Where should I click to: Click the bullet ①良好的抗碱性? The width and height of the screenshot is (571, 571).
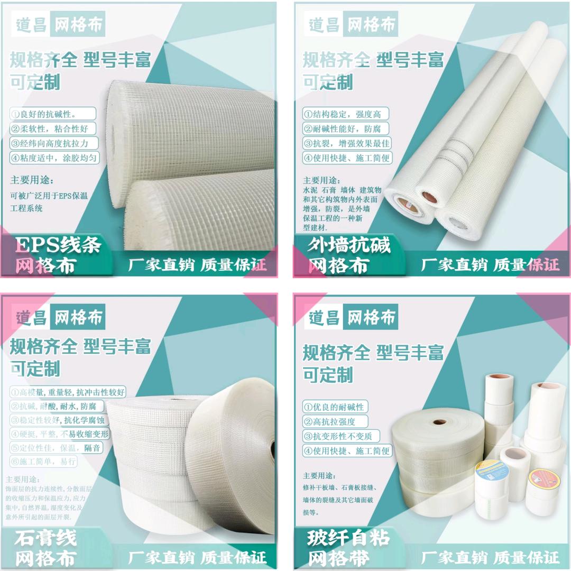coord(52,114)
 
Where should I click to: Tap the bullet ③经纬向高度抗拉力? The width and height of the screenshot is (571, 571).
coord(52,143)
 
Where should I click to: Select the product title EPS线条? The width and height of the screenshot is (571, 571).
coord(58,245)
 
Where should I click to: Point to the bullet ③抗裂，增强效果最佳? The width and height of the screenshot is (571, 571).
coord(346,143)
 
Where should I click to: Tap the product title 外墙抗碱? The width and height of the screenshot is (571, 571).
coord(349,245)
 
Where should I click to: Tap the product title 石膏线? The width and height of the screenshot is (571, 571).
coord(45,538)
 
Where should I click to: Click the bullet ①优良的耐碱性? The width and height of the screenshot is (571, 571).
coord(335,407)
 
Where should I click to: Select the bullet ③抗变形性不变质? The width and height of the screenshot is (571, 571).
coord(339,436)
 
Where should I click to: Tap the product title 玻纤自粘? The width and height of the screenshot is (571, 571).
coord(348,538)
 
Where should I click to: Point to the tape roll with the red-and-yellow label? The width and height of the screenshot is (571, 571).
coord(544,483)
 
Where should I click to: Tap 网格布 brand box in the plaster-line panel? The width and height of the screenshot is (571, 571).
coord(78,318)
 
